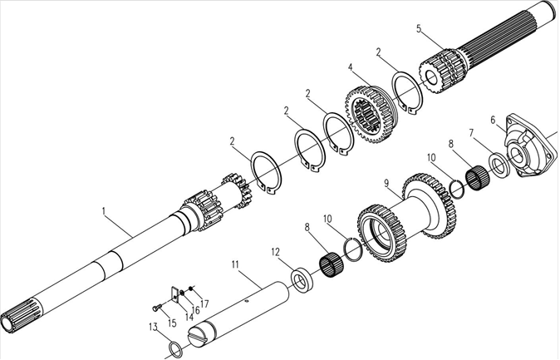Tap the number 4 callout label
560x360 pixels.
tap(351, 67)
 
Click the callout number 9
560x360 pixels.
tap(386, 183)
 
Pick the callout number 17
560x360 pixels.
tap(204, 303)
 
